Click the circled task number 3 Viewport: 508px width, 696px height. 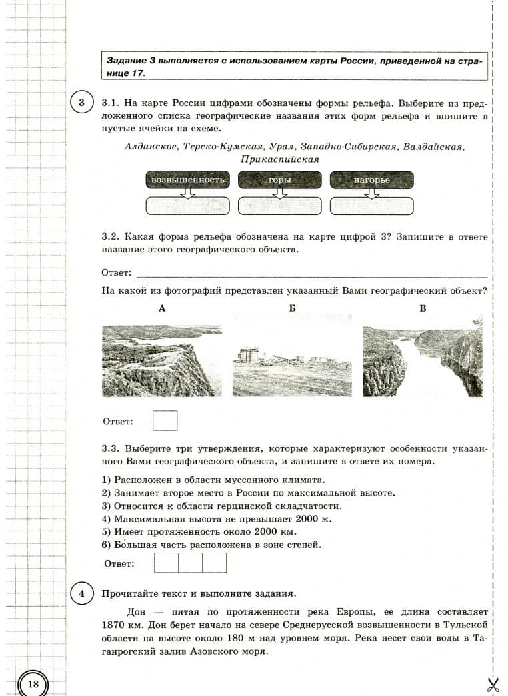tap(81, 103)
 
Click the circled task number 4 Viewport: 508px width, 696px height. tap(81, 593)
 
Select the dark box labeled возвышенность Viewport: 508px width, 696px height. tap(187, 180)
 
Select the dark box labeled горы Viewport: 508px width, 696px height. tap(280, 180)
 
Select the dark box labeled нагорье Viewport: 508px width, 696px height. tap(371, 180)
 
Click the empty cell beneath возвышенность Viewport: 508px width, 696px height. tap(187, 206)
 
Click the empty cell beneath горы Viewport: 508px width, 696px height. tap(280, 206)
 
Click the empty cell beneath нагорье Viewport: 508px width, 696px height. tap(371, 206)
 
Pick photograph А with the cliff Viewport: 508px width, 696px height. tap(162, 360)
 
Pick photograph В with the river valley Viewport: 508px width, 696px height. tap(422, 360)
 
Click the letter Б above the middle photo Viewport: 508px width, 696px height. tap(292, 308)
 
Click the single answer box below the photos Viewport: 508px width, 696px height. tap(165, 421)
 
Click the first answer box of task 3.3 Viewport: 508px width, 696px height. tap(166, 563)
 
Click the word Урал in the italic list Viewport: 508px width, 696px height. tap(282, 146)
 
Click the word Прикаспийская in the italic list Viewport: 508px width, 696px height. tap(280, 160)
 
